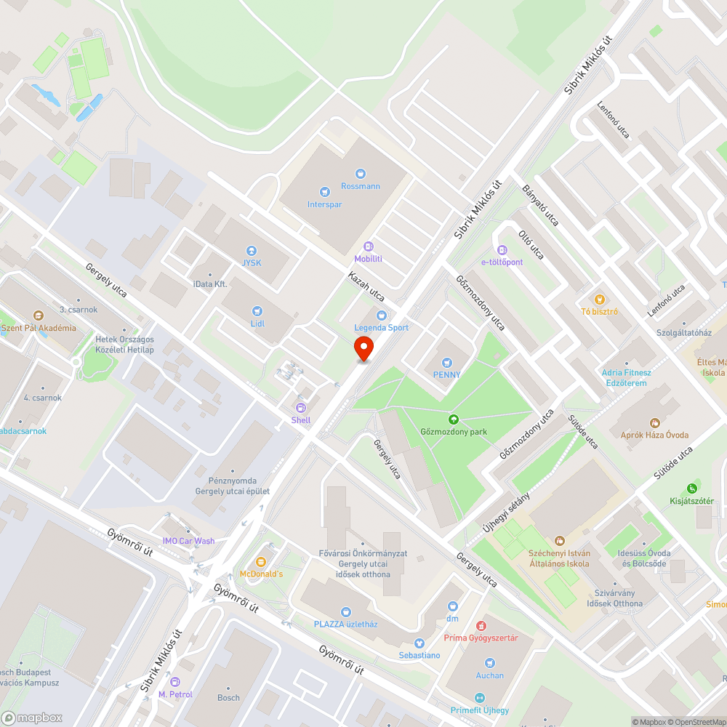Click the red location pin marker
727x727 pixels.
coord(363,348)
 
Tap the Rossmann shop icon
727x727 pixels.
coord(360,173)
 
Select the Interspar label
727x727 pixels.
coord(324,204)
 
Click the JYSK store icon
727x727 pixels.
coord(252,250)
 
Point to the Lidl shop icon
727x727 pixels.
coord(257,310)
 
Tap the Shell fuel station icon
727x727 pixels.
coord(300,408)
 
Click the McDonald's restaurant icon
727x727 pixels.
coord(261,562)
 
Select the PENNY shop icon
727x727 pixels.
coord(447,362)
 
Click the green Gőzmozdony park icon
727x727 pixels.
coord(454,419)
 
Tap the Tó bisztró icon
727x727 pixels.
coord(599,299)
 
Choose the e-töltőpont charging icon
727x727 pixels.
coord(502,250)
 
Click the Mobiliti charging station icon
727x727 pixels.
coord(368,246)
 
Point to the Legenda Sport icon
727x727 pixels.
coord(382,315)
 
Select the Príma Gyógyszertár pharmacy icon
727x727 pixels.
coord(481,625)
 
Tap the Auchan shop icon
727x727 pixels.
coord(489,663)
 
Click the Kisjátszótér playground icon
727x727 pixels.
coord(691,489)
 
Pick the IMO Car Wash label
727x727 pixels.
coord(188,541)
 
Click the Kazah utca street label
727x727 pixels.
coord(366,286)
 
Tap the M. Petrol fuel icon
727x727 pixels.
coord(174,682)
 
